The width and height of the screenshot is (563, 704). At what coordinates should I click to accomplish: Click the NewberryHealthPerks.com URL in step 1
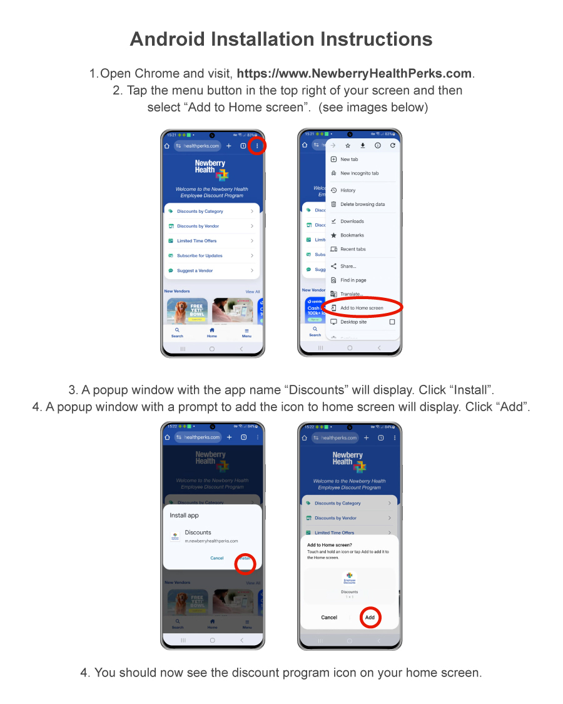pyautogui.click(x=354, y=73)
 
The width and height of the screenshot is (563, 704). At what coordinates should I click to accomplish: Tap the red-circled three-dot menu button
pyautogui.click(x=256, y=146)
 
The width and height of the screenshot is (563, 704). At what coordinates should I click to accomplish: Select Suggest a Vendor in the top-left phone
pyautogui.click(x=195, y=271)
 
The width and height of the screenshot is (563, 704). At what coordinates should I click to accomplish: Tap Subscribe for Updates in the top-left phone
pyautogui.click(x=200, y=256)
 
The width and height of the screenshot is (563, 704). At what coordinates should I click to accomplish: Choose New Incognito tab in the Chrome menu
pyautogui.click(x=359, y=173)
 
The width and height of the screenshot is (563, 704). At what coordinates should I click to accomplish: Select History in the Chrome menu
pyautogui.click(x=348, y=190)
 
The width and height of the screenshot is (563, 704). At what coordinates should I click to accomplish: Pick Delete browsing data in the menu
pyautogui.click(x=362, y=204)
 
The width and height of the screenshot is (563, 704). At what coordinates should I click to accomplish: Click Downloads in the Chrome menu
pyautogui.click(x=352, y=221)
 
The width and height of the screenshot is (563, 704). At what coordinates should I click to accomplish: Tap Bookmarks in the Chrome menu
pyautogui.click(x=352, y=235)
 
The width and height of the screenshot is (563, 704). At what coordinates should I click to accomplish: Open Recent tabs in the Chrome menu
pyautogui.click(x=353, y=249)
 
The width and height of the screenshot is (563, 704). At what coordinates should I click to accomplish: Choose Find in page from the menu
pyautogui.click(x=353, y=280)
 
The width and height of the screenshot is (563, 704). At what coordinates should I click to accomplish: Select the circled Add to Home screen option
pyautogui.click(x=362, y=308)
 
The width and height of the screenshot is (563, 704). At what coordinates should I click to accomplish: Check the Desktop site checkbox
pyautogui.click(x=392, y=322)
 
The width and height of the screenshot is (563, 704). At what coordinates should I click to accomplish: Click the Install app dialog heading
pyautogui.click(x=184, y=515)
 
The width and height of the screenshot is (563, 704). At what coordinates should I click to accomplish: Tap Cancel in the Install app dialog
pyautogui.click(x=216, y=558)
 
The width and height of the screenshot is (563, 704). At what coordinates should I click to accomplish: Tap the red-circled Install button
pyautogui.click(x=245, y=558)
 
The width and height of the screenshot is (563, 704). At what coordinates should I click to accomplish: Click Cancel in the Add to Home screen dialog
pyautogui.click(x=329, y=618)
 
